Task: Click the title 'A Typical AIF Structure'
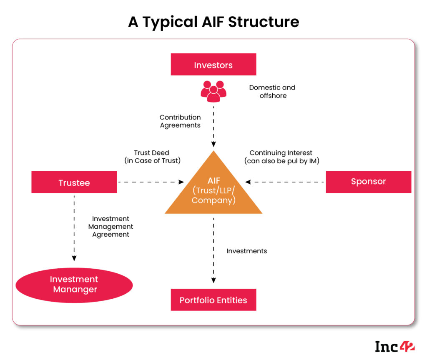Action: [213, 22]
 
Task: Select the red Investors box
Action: [213, 65]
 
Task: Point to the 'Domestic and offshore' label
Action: [272, 92]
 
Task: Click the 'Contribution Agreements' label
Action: [180, 121]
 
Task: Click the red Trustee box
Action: [74, 182]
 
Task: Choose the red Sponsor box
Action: [368, 182]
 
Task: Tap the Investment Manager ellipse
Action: [74, 285]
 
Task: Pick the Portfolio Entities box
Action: [213, 300]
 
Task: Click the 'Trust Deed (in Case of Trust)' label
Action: [152, 157]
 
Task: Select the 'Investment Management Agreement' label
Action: [111, 227]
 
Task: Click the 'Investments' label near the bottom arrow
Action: [247, 251]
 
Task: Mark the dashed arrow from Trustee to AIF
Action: [150, 182]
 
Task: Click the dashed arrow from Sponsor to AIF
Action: [286, 182]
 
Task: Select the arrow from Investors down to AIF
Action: [213, 125]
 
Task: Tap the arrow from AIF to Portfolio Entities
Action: [213, 250]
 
